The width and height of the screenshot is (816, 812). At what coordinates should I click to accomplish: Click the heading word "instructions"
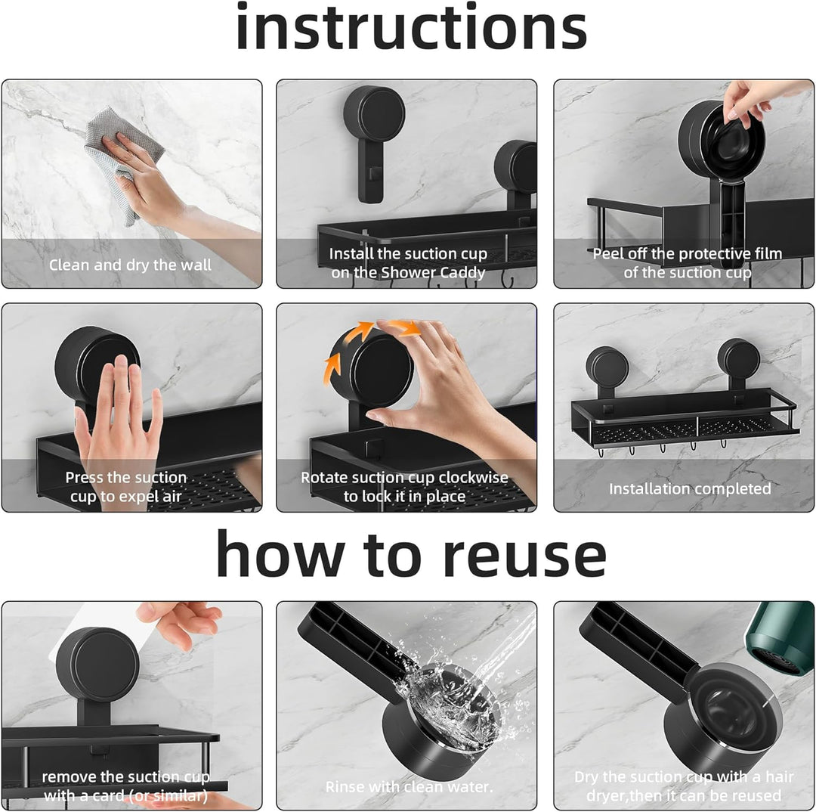(x=411, y=26)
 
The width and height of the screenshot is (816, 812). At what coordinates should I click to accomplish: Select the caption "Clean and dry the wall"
(x=130, y=265)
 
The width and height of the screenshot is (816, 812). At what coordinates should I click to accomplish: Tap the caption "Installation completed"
(x=690, y=488)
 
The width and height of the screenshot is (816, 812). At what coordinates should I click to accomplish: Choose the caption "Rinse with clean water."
(x=409, y=786)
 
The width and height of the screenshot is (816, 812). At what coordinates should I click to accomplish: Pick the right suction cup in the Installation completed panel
(x=738, y=358)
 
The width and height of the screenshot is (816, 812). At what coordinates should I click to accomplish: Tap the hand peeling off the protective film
(x=755, y=101)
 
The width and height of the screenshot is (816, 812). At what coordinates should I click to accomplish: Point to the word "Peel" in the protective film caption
(x=607, y=253)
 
